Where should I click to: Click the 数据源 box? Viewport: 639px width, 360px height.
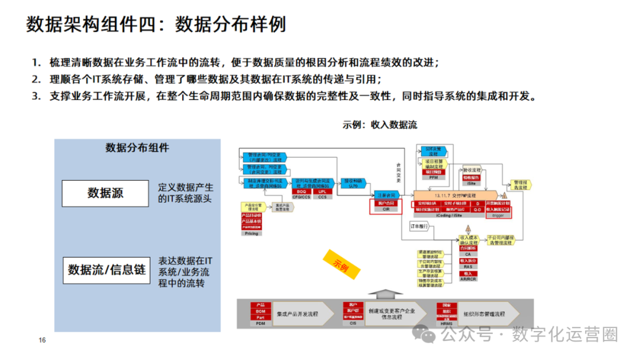pyautogui.click(x=105, y=193)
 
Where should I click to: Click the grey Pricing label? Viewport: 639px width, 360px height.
pyautogui.click(x=251, y=234)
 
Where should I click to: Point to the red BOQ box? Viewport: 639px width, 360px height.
pyautogui.click(x=301, y=192)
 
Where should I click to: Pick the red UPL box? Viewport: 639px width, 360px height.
pyautogui.click(x=322, y=192)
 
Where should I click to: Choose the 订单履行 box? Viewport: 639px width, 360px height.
pyautogui.click(x=419, y=226)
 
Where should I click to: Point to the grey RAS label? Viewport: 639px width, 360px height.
pyautogui.click(x=469, y=267)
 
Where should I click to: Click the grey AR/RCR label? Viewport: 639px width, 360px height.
pyautogui.click(x=469, y=279)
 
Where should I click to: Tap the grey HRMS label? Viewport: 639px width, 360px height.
pyautogui.click(x=447, y=324)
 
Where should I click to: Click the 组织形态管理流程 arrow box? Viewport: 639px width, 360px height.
pyautogui.click(x=486, y=313)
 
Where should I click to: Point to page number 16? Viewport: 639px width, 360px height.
pyautogui.click(x=42, y=340)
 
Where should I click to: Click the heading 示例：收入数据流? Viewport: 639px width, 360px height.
pyautogui.click(x=379, y=125)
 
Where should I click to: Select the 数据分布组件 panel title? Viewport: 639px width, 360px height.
pyautogui.click(x=137, y=148)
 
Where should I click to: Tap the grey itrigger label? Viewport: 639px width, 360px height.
pyautogui.click(x=498, y=216)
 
